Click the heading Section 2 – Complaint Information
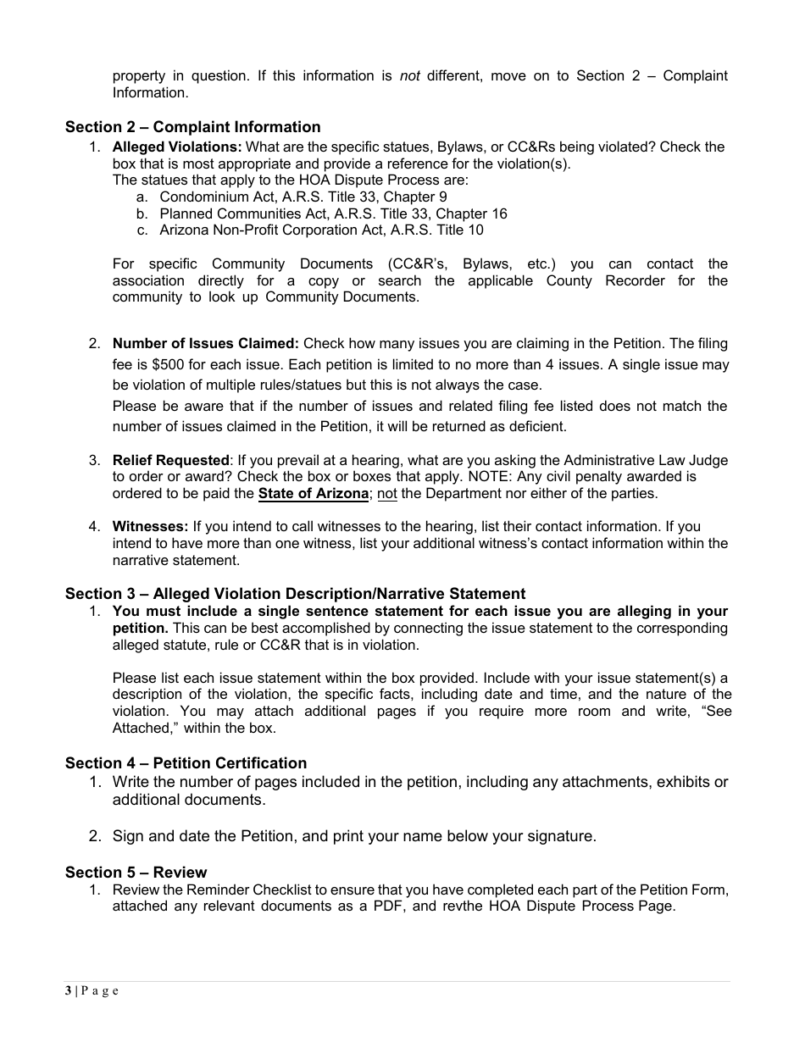pyautogui.click(x=192, y=127)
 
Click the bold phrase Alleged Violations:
pyautogui.click(x=177, y=147)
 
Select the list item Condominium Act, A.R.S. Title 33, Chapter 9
pyautogui.click(x=303, y=197)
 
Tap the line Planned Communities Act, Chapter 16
pyautogui.click(x=333, y=213)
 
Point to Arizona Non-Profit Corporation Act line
pyautogui.click(x=321, y=230)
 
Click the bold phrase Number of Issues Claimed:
pyautogui.click(x=205, y=343)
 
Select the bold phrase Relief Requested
pyautogui.click(x=170, y=460)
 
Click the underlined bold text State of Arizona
pyautogui.click(x=313, y=493)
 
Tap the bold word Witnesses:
pyautogui.click(x=150, y=526)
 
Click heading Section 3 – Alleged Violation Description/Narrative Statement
pyautogui.click(x=295, y=594)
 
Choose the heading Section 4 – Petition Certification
pyautogui.click(x=186, y=763)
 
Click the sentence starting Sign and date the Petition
pyautogui.click(x=354, y=836)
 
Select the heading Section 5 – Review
pyautogui.click(x=136, y=873)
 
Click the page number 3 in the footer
pyautogui.click(x=68, y=991)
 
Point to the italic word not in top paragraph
pyautogui.click(x=409, y=75)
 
